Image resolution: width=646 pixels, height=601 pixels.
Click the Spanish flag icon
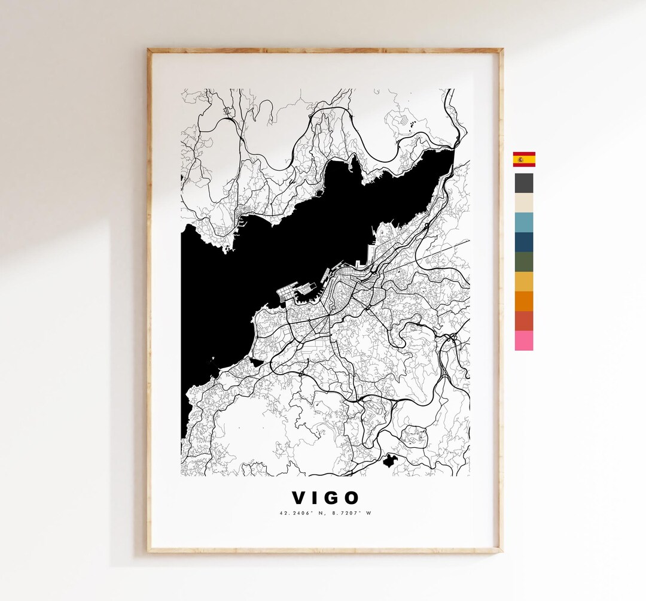tap(524, 159)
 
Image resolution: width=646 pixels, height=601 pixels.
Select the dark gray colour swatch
tap(524, 183)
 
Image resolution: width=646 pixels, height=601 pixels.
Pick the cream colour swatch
tap(524, 203)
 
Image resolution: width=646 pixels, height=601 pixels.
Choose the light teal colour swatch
tap(524, 222)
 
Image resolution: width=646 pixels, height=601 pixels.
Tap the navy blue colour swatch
tap(524, 242)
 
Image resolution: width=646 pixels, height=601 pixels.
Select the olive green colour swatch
tap(524, 262)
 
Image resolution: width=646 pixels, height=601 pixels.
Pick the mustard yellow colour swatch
tap(524, 281)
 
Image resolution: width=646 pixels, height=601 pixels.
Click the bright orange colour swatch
tap(524, 301)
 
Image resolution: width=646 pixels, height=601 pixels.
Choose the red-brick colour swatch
tap(524, 321)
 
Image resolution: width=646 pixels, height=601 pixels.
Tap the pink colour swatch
tap(524, 341)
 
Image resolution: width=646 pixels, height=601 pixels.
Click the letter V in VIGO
tap(298, 498)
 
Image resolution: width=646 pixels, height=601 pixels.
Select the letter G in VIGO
tap(332, 498)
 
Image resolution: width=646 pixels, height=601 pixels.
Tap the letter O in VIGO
tap(352, 498)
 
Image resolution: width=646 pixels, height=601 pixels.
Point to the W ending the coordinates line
tap(369, 513)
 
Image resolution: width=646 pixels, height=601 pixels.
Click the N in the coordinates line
tap(316, 513)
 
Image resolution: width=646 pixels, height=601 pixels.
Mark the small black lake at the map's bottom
tap(391, 461)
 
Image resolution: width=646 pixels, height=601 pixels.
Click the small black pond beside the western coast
tap(256, 362)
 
